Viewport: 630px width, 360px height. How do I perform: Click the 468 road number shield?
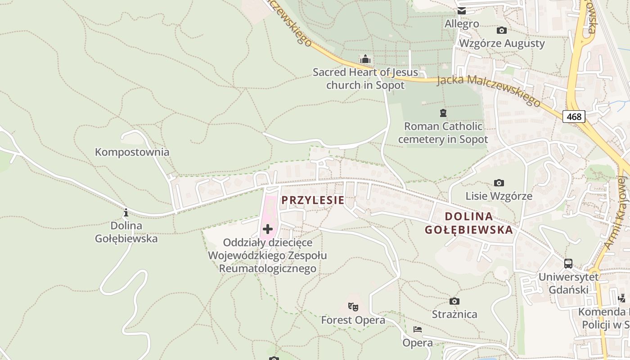click(x=574, y=117)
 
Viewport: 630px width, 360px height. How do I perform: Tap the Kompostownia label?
click(x=132, y=152)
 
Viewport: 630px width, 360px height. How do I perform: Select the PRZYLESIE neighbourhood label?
click(x=313, y=200)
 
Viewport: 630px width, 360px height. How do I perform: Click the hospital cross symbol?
click(x=268, y=229)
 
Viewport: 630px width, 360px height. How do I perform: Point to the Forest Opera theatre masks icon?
click(x=353, y=307)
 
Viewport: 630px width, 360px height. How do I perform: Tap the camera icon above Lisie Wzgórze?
click(x=499, y=183)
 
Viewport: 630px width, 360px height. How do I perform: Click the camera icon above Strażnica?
click(x=454, y=301)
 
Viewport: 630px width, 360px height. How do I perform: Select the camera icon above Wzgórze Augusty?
click(x=501, y=31)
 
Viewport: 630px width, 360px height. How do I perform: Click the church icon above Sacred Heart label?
click(x=365, y=59)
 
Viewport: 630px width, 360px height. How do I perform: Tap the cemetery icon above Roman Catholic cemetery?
click(x=443, y=113)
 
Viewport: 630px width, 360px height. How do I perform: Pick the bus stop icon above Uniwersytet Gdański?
click(x=568, y=264)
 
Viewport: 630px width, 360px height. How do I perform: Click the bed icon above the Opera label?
click(x=418, y=329)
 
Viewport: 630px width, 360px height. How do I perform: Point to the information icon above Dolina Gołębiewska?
click(x=126, y=212)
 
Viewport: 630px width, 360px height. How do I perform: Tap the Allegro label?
click(x=462, y=23)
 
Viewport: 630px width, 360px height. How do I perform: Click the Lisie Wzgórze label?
click(x=499, y=196)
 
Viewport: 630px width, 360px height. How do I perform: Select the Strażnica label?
click(x=454, y=314)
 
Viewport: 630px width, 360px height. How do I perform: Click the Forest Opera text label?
click(x=353, y=320)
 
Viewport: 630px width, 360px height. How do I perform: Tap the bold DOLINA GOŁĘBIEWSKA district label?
click(x=469, y=223)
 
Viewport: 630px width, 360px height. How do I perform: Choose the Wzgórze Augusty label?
click(x=501, y=44)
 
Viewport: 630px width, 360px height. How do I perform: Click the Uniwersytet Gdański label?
click(x=568, y=283)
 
